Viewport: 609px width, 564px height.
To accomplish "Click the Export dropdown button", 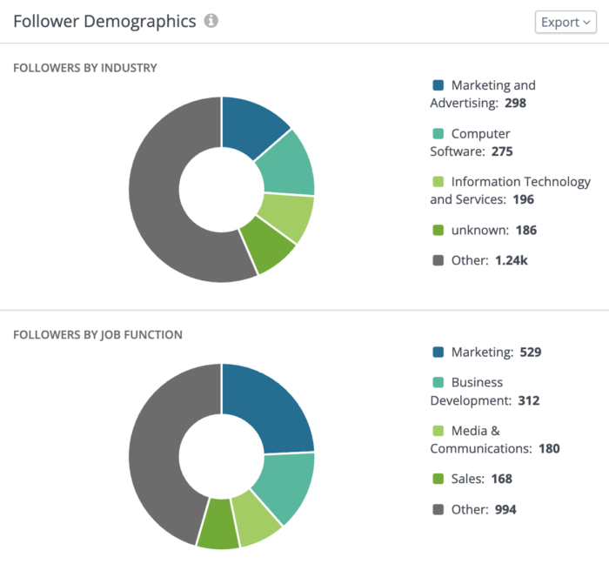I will click(565, 22).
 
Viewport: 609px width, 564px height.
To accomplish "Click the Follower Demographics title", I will click(104, 22).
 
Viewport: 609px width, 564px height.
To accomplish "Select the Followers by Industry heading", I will click(85, 68).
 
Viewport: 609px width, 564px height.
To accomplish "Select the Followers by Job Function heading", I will click(97, 335).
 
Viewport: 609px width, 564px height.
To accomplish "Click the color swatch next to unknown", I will click(438, 231).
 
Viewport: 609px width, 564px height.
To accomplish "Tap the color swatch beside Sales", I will click(438, 479).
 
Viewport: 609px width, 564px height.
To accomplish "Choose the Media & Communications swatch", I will click(438, 431).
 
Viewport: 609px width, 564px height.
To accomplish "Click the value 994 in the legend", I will click(505, 509).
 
